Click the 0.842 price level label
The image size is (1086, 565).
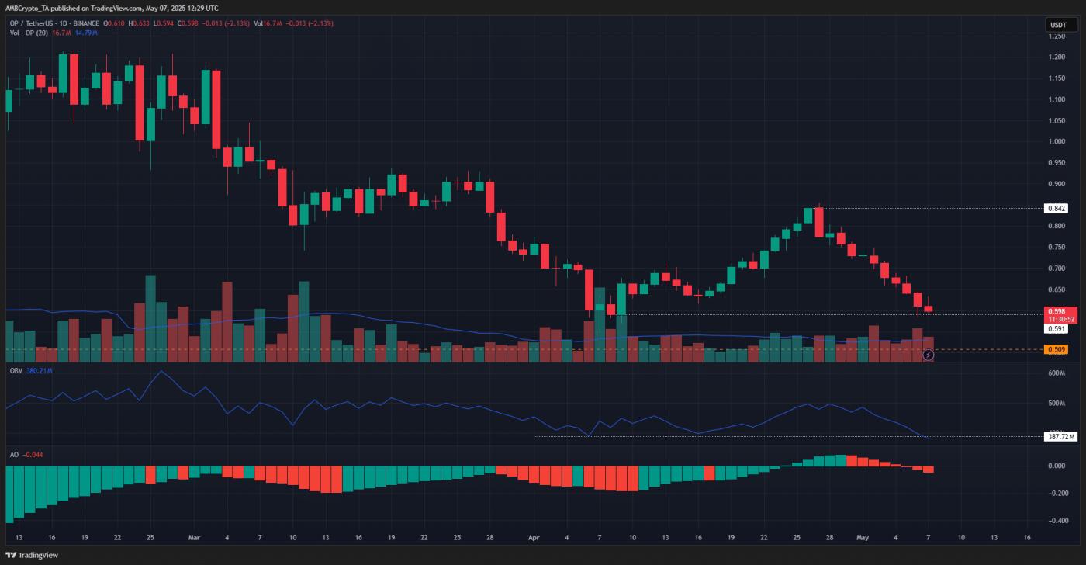[x=1056, y=208]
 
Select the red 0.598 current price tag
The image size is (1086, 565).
[x=1056, y=310]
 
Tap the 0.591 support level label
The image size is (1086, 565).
[x=1056, y=328]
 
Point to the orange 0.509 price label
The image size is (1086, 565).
[x=1056, y=349]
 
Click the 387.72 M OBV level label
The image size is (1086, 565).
[x=1059, y=437]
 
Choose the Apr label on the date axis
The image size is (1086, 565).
[x=534, y=536]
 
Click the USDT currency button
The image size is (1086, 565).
[x=1058, y=25]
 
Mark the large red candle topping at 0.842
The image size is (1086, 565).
[x=818, y=221]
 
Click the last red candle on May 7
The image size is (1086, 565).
[x=928, y=309]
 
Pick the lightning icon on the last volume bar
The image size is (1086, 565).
[x=928, y=355]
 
